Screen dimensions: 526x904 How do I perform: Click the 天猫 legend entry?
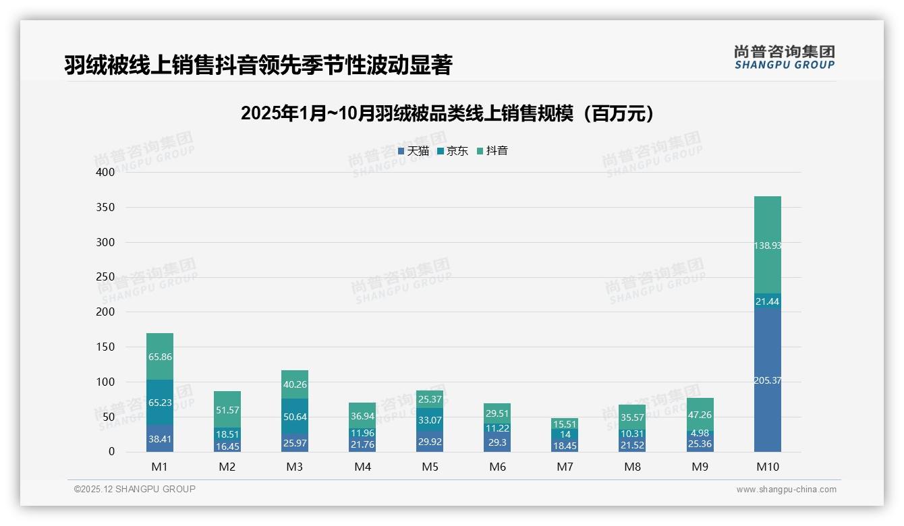point(414,151)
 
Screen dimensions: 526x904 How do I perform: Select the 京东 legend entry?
point(453,151)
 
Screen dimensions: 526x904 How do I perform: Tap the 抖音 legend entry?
point(492,151)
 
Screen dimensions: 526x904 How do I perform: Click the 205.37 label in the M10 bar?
point(767,380)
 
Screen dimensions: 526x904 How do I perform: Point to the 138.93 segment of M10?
point(767,246)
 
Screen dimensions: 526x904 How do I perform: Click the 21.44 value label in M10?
point(767,301)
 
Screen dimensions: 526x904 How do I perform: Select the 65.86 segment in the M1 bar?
point(160,357)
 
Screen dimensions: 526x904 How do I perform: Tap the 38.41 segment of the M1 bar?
point(160,439)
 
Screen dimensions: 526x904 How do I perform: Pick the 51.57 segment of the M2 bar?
point(227,410)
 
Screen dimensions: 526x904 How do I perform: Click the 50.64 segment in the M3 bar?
point(295,417)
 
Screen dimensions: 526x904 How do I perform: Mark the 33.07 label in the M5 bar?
point(430,419)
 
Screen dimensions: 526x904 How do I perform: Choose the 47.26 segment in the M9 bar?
point(700,415)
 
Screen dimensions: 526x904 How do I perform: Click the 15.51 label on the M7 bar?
point(565,424)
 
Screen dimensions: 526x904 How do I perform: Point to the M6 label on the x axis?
point(497,467)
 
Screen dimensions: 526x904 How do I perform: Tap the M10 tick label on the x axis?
point(767,467)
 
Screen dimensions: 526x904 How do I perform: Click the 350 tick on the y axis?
point(105,207)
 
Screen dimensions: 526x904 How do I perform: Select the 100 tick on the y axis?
point(105,382)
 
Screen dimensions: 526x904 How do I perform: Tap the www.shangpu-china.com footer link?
point(786,490)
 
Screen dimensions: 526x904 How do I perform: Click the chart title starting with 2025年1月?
point(448,113)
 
